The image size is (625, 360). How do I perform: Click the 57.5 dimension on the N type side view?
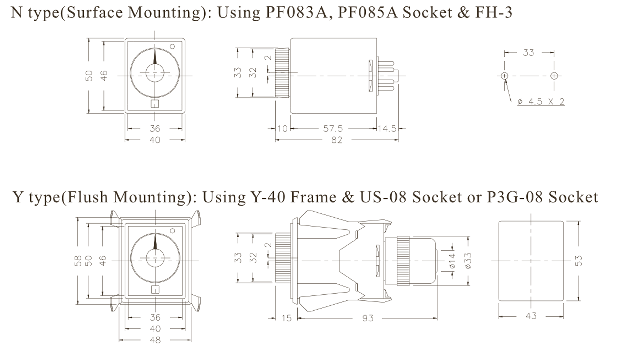pos(333,128)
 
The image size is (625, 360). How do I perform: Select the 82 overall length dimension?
pos(337,140)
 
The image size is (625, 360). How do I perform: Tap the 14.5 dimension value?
pos(387,128)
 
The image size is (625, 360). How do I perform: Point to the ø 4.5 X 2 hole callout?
pos(541,102)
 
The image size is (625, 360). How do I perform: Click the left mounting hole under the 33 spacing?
pos(504,76)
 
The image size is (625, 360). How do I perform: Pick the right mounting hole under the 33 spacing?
pos(554,76)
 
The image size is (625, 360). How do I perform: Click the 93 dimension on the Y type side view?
pos(368,318)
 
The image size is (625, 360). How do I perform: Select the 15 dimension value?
pos(286,318)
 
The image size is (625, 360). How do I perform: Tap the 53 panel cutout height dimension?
pos(579,261)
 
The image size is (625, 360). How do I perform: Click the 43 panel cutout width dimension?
pos(531,316)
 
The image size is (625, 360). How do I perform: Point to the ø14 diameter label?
pos(452,261)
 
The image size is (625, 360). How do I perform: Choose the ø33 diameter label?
pos(468,261)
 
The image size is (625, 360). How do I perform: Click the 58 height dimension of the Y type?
pos(78,261)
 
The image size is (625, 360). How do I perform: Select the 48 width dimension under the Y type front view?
pos(155,340)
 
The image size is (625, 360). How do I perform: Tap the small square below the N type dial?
pos(155,104)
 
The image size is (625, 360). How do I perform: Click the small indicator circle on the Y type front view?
pos(172,231)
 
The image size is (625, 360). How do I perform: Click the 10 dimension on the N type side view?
pos(282,128)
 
